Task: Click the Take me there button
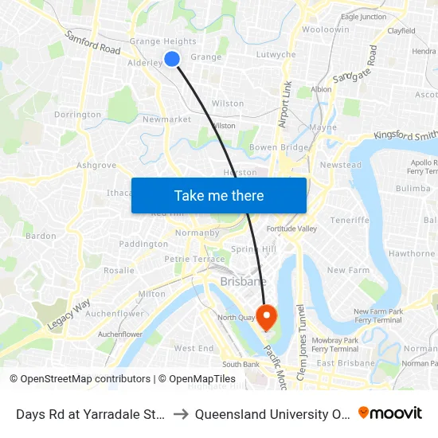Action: (219, 195)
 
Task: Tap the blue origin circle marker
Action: (172, 58)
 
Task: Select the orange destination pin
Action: (266, 318)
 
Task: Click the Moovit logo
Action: (390, 413)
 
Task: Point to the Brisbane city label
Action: (243, 282)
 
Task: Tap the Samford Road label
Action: (93, 43)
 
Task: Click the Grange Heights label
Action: (162, 41)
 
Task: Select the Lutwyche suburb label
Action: (276, 55)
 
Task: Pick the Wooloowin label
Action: (325, 29)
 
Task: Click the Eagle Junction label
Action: (363, 17)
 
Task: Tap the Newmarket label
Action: (166, 119)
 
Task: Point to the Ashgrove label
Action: (96, 166)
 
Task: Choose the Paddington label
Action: (143, 244)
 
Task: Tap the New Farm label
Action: (348, 270)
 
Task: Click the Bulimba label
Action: (413, 188)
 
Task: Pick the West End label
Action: (194, 348)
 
